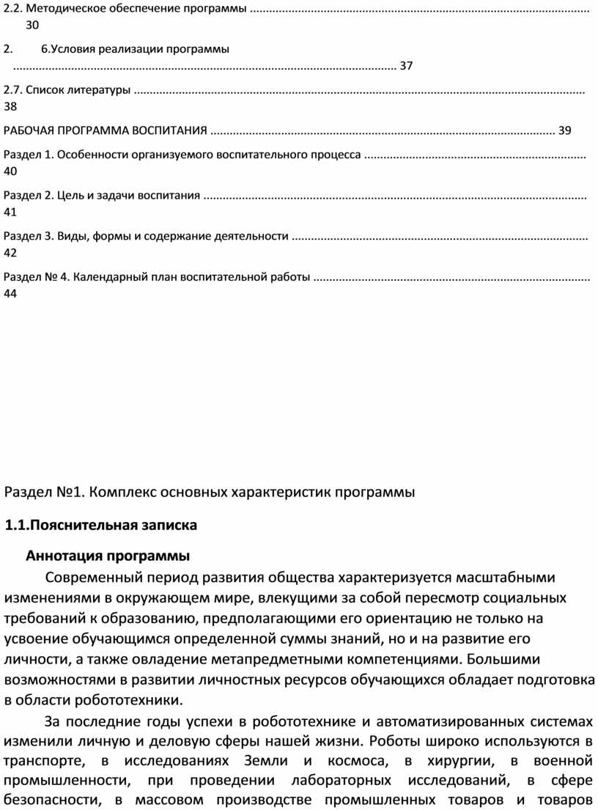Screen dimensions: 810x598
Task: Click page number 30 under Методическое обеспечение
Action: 32,25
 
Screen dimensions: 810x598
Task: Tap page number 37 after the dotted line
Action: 407,66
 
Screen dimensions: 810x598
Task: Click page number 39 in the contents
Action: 564,131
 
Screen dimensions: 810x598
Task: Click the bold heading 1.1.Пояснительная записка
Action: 100,526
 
